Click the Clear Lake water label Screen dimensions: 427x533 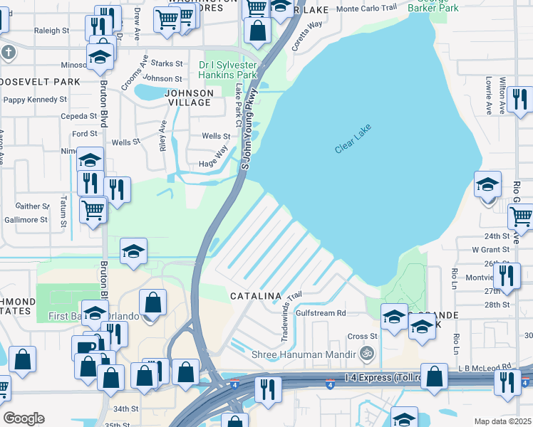point(354,140)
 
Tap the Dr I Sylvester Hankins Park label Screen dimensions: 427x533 point(227,70)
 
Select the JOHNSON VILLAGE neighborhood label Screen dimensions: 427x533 point(189,97)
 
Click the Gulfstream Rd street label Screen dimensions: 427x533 point(321,312)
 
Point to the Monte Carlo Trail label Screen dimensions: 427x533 point(366,8)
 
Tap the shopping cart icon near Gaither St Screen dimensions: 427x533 point(93,210)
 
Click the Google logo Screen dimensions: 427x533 point(24,418)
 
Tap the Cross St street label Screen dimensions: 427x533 point(362,336)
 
